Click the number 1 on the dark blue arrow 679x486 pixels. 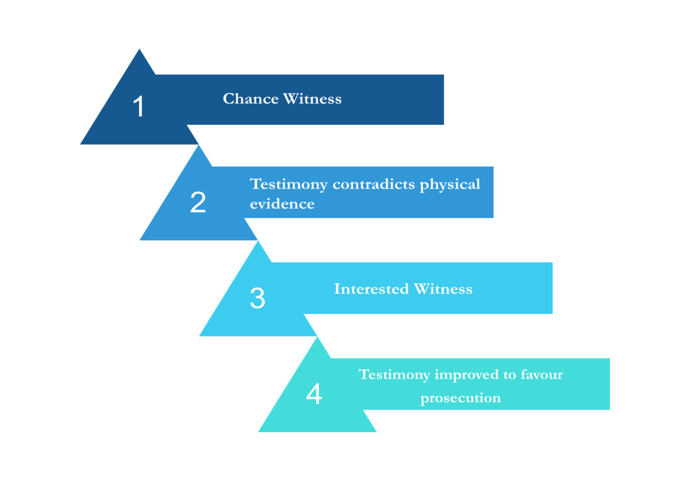(x=139, y=106)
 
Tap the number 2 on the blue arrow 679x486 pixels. (x=198, y=202)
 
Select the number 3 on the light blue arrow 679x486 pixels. (x=257, y=298)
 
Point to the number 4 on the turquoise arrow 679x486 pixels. (x=314, y=394)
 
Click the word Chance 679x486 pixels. (x=250, y=98)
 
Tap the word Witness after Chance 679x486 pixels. (x=312, y=98)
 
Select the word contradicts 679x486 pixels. (x=373, y=184)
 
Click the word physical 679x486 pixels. (x=450, y=185)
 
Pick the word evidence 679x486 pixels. (x=282, y=203)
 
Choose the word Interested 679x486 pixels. (x=371, y=288)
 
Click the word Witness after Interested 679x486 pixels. (x=443, y=288)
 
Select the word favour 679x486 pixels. (x=542, y=374)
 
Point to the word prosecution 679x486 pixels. (x=461, y=398)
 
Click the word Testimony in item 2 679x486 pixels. (x=289, y=185)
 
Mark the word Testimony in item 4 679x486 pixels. (x=394, y=375)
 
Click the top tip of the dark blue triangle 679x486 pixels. (x=140, y=49)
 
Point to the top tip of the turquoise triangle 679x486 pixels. (x=317, y=337)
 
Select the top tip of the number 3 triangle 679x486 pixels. (x=258, y=241)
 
